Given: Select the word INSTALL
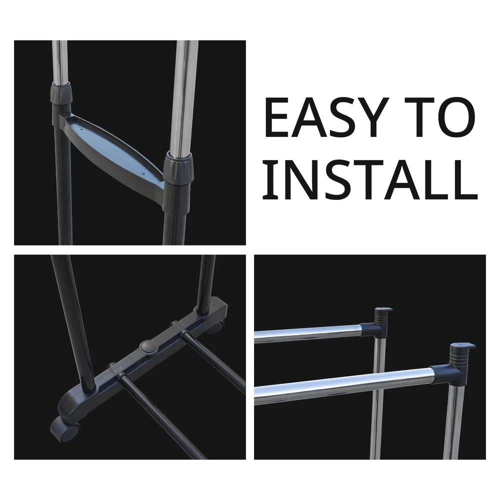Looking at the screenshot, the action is [370, 179].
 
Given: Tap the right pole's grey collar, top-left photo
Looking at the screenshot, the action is [178, 167].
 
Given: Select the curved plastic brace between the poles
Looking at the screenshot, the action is [111, 150].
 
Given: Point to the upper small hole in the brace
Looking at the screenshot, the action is [81, 129].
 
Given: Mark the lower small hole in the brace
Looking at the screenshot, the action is [143, 174].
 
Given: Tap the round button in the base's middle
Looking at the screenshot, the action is [147, 346].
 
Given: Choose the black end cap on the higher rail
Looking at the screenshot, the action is [383, 315].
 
